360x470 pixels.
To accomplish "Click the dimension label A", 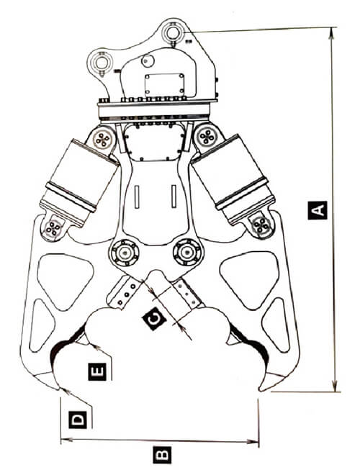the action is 318,210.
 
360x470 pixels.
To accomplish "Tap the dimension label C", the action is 155,318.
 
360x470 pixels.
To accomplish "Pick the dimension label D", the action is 78,420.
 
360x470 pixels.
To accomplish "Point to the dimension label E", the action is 97,371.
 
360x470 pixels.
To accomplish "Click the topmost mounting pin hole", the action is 173,32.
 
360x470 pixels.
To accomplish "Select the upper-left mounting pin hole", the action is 102,62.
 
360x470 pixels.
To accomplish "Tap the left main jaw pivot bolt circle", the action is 125,253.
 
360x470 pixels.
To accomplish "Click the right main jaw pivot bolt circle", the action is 187,253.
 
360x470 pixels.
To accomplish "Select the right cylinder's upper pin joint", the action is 207,137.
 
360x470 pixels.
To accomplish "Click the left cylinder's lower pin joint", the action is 53,228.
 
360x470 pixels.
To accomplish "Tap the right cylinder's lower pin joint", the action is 261,225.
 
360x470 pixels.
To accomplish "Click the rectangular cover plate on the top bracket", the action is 164,84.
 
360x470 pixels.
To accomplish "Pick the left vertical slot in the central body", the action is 137,197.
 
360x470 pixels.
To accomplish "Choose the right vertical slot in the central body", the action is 174,196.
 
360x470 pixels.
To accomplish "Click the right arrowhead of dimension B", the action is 253,441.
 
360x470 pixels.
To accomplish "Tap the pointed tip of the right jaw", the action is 260,391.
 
